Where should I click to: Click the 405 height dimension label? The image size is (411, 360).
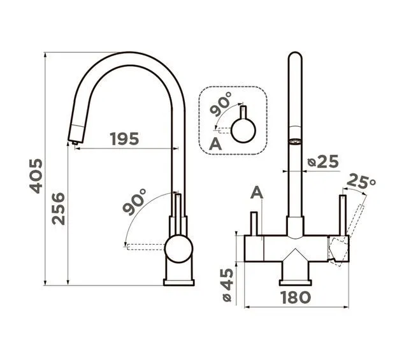point(36,176)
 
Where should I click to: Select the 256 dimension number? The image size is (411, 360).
point(58,209)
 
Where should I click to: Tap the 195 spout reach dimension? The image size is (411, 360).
point(124,139)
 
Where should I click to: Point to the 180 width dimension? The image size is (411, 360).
point(296,298)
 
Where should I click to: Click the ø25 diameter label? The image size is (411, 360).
point(323,161)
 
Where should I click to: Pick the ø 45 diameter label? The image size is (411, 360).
point(227,285)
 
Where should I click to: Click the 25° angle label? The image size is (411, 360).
point(361,181)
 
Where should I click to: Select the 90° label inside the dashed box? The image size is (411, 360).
point(220,104)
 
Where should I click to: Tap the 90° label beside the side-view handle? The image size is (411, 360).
point(134,202)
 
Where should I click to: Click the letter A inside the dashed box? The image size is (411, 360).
point(215,144)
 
